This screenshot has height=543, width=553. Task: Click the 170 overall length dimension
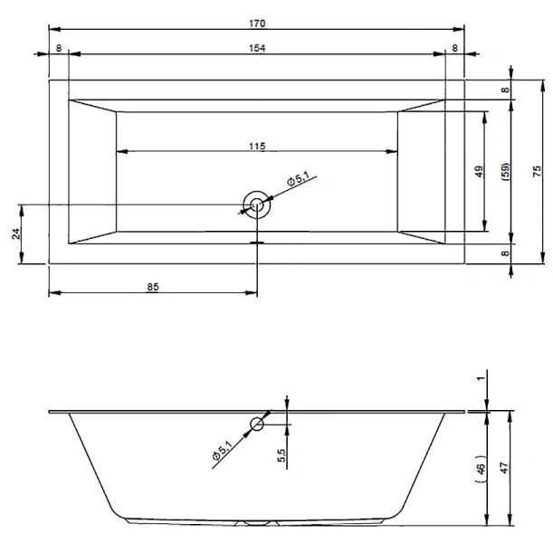[257, 24]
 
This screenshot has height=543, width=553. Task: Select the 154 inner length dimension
[257, 48]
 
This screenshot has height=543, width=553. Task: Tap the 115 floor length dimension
[257, 146]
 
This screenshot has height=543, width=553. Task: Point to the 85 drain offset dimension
[153, 287]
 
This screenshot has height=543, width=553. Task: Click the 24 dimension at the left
[16, 233]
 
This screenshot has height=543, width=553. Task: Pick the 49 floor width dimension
[479, 171]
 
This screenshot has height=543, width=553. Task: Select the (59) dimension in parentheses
[505, 172]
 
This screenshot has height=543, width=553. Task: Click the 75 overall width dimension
[537, 171]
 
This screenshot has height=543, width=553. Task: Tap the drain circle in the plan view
[257, 205]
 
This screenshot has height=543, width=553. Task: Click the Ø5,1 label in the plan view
[298, 179]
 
